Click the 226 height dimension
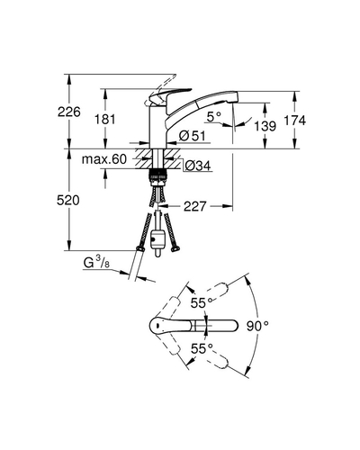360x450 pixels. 69,112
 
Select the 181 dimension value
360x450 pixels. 105,120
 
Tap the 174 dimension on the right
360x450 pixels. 295,121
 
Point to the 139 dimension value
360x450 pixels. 265,126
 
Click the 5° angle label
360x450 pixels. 214,116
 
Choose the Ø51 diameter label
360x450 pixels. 193,136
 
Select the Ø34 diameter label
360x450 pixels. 198,166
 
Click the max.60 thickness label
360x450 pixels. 104,159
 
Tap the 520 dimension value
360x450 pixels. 68,200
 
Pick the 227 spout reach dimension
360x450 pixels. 195,206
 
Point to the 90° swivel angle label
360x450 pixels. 257,326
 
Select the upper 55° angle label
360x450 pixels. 202,303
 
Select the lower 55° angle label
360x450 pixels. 202,348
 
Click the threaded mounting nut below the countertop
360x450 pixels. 158,175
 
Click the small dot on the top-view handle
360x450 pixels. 157,325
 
